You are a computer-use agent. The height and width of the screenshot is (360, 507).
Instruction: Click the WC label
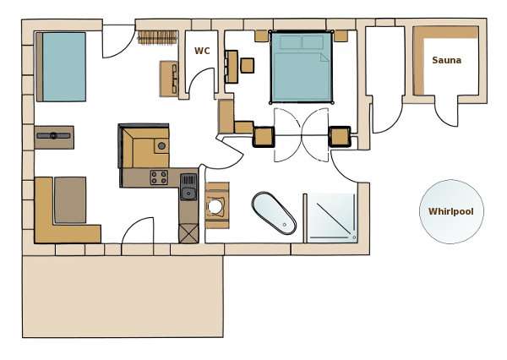coord(202,51)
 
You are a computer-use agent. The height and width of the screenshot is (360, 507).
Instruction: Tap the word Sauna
coord(446,60)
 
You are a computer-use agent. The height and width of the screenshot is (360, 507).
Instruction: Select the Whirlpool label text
coord(450,211)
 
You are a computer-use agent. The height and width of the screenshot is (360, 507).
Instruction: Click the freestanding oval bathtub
coord(274,213)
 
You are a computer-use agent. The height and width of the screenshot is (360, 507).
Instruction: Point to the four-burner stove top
coord(159,177)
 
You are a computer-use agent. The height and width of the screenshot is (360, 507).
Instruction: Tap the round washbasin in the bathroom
coord(215,206)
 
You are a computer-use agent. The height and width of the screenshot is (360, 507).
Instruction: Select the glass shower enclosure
coord(330,217)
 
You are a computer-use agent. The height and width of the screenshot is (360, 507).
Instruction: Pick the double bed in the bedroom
coord(302,67)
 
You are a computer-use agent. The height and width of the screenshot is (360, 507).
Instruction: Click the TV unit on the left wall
coord(54,138)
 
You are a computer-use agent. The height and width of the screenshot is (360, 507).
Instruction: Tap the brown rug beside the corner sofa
coord(70,200)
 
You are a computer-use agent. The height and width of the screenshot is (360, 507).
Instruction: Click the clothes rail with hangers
coord(158,37)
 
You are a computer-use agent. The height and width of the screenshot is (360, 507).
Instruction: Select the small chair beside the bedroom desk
coord(248,65)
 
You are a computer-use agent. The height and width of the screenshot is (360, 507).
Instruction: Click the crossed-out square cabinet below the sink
coord(188,233)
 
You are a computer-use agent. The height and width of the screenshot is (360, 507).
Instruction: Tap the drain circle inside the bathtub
coord(285,225)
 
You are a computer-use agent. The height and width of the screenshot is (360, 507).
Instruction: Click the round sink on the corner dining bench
coord(161,146)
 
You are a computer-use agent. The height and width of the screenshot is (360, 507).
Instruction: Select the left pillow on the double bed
coord(291,42)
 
